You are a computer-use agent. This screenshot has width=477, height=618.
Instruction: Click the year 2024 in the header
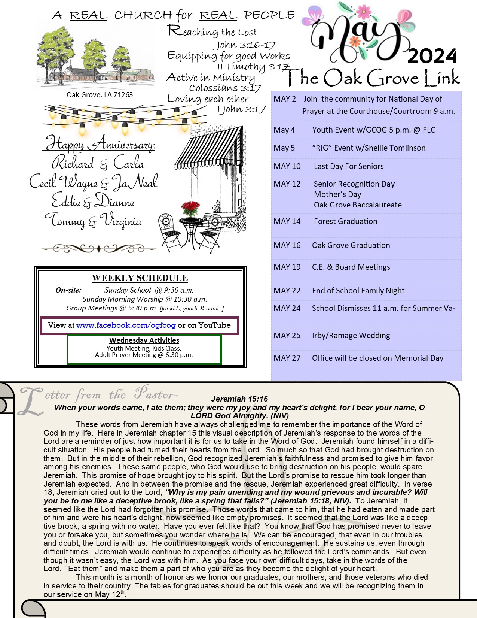432,56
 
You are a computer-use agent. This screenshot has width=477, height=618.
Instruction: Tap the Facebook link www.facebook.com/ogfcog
126,325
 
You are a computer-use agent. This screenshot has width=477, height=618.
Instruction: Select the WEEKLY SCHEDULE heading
140,278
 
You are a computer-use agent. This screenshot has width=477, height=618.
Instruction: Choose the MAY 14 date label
287,221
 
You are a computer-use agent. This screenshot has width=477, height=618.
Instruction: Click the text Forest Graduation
345,221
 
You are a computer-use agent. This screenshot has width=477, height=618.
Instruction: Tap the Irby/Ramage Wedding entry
351,336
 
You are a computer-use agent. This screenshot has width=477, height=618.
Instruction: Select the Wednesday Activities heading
144,340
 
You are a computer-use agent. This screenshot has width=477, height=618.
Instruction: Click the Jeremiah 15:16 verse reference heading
239,399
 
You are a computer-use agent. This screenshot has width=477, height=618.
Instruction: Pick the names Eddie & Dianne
93,201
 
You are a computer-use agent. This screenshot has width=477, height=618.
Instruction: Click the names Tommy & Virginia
93,221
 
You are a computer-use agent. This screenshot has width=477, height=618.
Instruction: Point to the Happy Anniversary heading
99,143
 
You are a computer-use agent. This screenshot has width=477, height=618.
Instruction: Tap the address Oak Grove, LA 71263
100,95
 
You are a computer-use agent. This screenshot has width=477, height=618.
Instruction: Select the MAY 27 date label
287,358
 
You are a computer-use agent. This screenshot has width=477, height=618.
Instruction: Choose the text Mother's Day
337,194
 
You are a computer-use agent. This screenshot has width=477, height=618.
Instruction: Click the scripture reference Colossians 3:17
225,88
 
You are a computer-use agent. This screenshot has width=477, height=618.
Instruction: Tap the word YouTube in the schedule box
214,325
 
